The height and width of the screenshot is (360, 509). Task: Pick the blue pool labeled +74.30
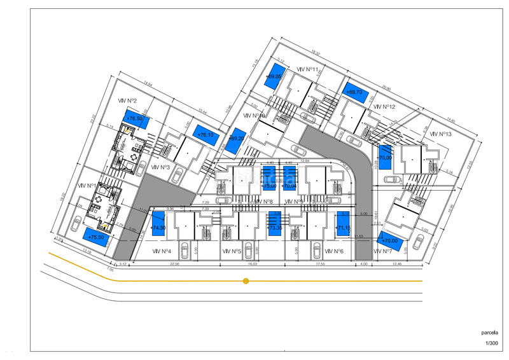tap(158, 227)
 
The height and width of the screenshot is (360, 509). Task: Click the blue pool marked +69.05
tap(274, 76)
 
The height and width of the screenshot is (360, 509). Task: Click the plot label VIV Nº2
tap(128, 100)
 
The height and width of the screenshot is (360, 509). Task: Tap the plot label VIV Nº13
tap(440, 134)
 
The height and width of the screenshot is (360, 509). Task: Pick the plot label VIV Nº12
tap(385, 107)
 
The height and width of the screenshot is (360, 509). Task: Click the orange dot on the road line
tap(246, 280)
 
